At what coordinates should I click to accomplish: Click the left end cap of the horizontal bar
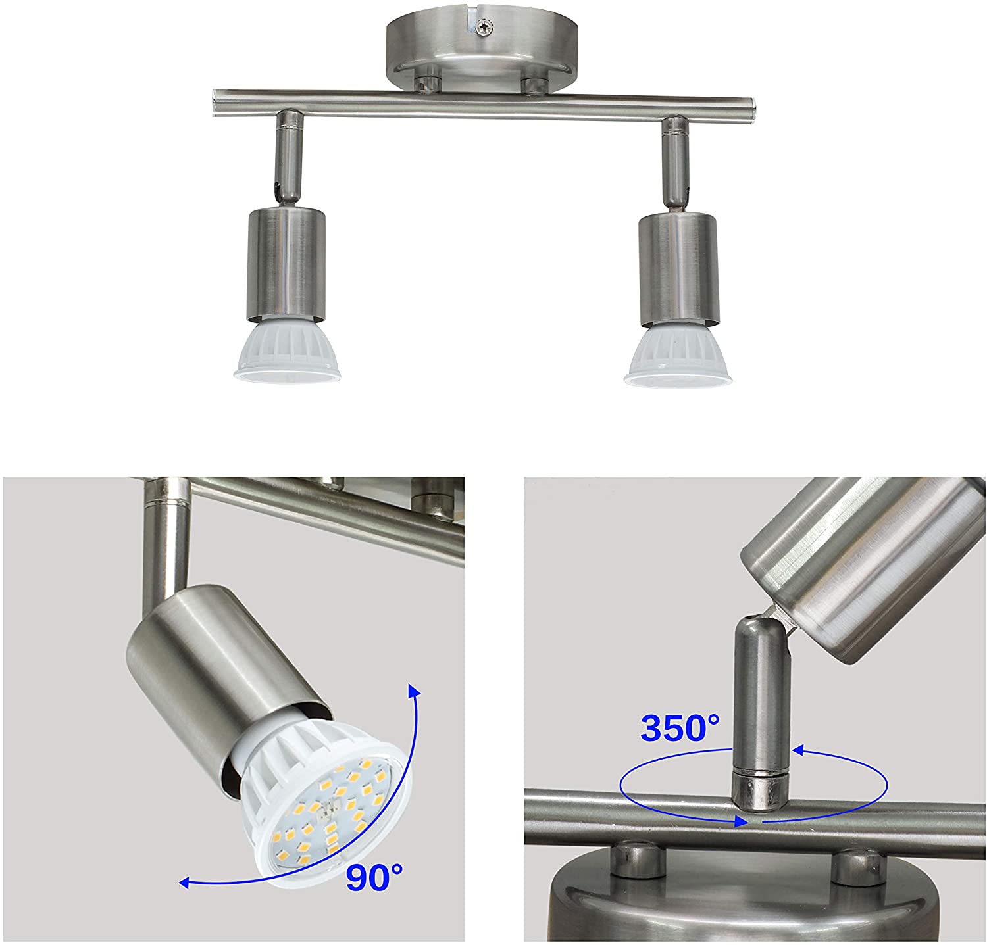click(x=215, y=100)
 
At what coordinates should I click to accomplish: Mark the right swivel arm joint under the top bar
click(x=674, y=161)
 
